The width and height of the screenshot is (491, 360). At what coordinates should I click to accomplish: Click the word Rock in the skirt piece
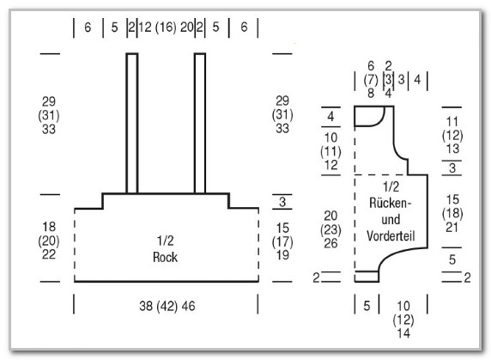165,257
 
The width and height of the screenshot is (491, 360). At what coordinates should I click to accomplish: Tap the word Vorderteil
391,236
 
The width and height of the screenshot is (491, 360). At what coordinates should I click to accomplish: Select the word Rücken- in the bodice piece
390,203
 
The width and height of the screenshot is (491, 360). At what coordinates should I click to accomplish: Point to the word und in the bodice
391,219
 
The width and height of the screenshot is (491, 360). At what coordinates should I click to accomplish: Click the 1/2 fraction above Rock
165,241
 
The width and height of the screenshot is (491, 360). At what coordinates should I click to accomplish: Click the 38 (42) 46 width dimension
167,306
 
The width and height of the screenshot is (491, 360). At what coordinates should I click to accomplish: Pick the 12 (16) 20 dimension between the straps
166,27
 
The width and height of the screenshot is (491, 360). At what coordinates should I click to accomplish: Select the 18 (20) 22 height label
49,241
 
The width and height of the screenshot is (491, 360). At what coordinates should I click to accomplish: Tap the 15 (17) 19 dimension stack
282,241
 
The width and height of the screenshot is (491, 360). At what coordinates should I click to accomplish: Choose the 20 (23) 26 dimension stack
330,229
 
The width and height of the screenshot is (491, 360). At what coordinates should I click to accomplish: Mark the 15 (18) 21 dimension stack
452,213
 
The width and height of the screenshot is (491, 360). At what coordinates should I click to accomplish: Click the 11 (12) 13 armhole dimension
452,135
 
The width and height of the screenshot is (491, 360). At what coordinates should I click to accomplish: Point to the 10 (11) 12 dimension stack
330,151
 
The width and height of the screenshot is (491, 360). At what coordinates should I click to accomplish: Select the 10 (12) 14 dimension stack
403,320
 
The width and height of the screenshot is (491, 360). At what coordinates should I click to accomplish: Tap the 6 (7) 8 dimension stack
371,80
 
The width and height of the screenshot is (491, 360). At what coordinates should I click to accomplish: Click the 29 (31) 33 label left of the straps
49,115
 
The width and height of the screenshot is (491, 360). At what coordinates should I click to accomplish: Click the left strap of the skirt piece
132,124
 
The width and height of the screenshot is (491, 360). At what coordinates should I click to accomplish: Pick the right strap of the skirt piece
200,124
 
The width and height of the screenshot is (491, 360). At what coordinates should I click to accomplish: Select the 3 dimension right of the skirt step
282,202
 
